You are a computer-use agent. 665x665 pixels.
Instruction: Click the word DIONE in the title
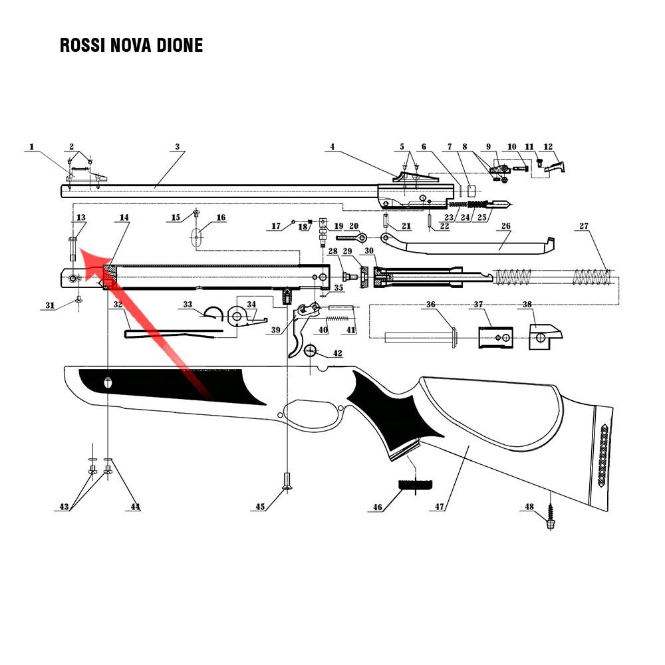coord(180,45)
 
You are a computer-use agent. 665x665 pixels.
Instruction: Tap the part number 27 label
coord(584,226)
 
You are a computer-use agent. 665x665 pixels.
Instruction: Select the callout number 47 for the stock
coord(440,506)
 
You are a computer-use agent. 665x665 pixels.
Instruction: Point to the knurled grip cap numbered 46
coord(416,484)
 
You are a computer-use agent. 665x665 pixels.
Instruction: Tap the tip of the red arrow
coord(80,251)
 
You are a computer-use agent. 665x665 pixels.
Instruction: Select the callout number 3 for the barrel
coord(178,147)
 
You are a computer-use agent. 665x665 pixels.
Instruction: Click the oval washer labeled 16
coord(196,237)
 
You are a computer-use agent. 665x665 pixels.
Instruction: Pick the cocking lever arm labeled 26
coord(471,245)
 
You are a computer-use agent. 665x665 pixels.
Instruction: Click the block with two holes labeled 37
coord(495,338)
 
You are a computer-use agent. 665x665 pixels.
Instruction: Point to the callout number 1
coord(31,147)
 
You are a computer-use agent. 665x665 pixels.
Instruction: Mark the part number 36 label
coord(430,305)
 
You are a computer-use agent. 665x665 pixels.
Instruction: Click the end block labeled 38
coord(545,336)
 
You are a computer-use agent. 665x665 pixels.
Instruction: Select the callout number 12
coord(548,147)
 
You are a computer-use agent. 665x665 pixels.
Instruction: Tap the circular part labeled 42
coord(311,351)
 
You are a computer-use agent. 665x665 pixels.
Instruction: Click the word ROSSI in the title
coord(82,45)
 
